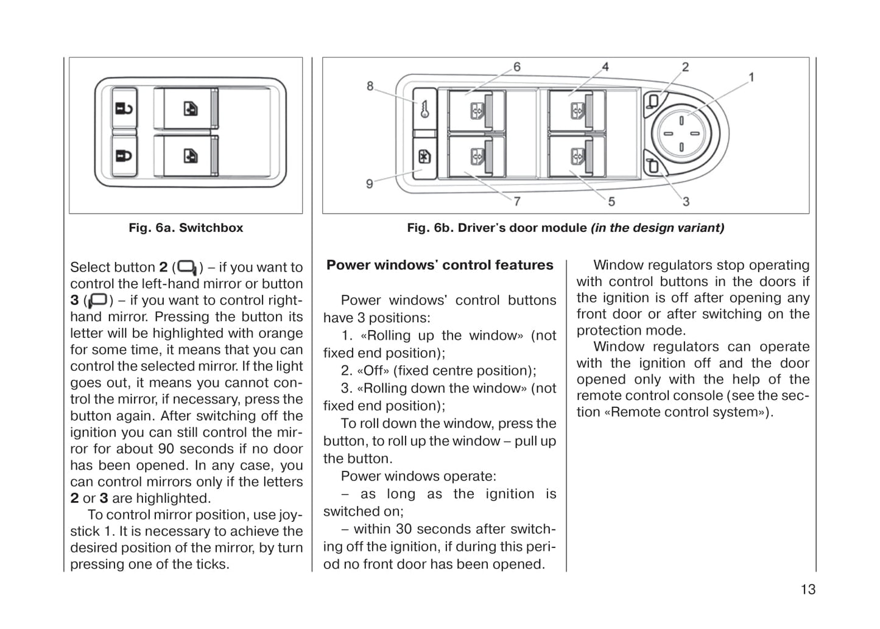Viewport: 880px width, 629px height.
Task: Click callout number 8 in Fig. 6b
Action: pos(370,86)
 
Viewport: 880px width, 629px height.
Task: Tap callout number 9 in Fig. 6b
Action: pos(370,183)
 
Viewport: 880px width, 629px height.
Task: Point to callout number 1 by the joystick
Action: pos(751,77)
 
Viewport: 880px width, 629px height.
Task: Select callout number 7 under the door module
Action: pos(516,201)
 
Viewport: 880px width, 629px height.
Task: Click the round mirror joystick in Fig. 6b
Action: pos(681,133)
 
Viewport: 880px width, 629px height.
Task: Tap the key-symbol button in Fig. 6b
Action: pos(424,108)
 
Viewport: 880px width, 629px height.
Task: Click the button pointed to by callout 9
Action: pos(424,158)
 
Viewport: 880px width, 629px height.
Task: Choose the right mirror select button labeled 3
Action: pos(653,165)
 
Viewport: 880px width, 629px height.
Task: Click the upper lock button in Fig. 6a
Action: pos(124,108)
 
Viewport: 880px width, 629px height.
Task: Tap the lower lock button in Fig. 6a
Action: pos(124,155)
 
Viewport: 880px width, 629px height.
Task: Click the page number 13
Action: pos(808,589)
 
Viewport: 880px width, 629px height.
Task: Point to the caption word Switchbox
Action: pos(211,228)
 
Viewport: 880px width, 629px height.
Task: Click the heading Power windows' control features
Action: pos(440,265)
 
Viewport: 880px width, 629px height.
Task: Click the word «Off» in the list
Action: pos(373,371)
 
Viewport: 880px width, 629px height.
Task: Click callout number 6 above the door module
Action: pos(516,66)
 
